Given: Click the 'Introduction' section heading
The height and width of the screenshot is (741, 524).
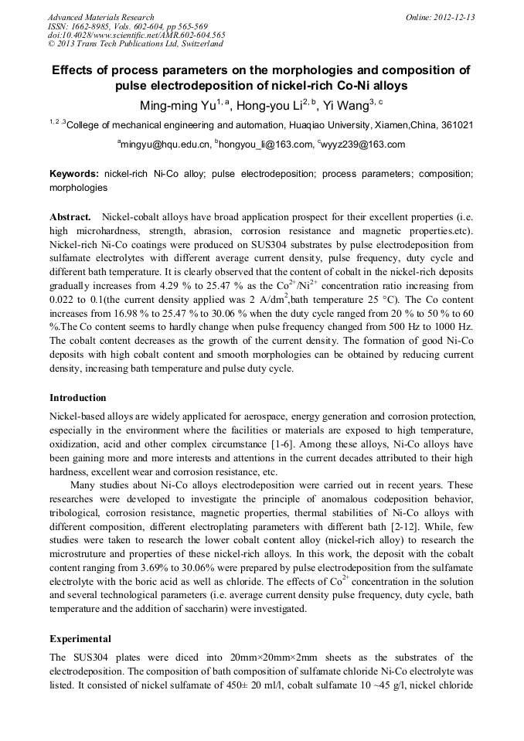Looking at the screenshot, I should point(78,398).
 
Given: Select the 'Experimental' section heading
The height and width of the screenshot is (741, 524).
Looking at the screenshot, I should point(80,639).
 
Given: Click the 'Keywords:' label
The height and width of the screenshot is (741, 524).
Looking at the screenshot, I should point(73,175).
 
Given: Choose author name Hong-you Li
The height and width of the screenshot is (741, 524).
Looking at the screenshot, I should point(269,106).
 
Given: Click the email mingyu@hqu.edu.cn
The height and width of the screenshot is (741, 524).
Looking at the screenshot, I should point(165,144).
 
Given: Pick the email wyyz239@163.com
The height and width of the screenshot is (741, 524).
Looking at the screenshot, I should point(363,144).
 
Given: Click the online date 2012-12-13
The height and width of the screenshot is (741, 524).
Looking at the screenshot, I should point(456,17).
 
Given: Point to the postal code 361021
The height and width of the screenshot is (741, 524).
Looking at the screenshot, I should point(458,125).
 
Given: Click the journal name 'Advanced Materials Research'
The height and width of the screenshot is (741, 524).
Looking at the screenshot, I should point(100,17).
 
